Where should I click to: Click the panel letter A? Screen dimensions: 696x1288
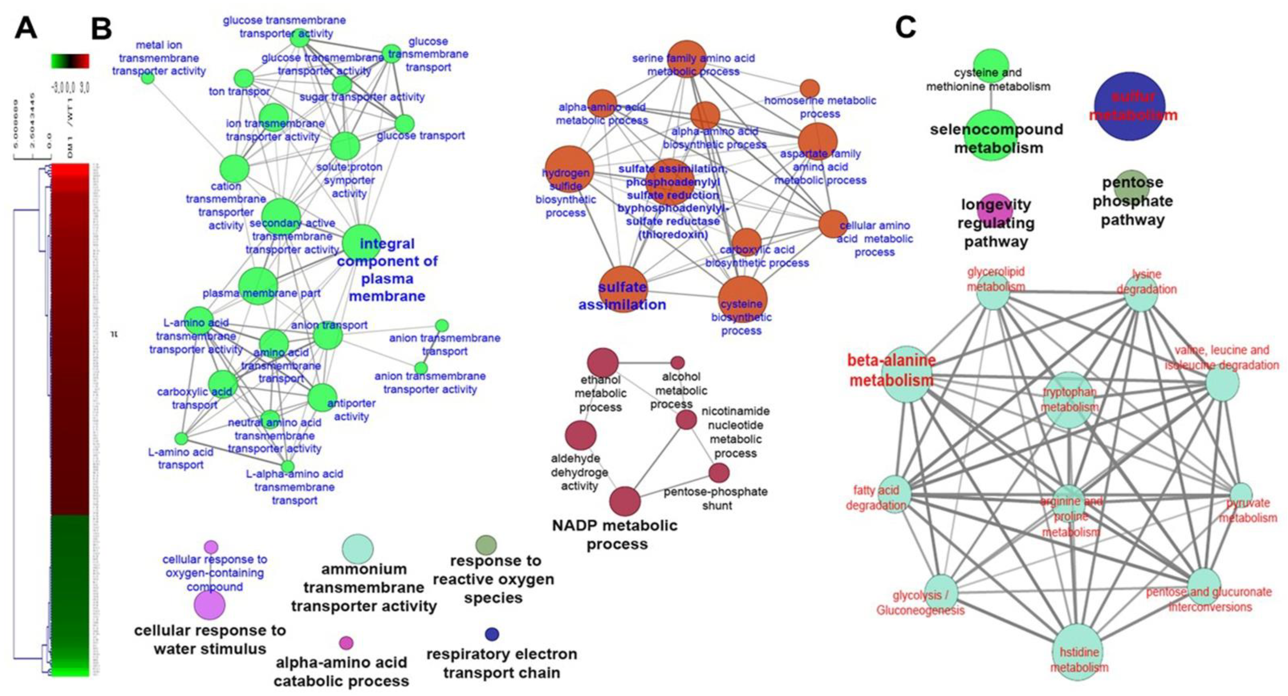coord(26,28)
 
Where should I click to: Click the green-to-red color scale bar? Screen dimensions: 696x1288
coord(70,61)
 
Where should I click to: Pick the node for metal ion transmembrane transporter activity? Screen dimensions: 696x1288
coord(148,78)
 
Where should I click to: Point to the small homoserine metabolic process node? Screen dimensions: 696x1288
coord(810,89)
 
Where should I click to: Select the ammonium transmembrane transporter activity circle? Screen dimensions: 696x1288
coord(358,549)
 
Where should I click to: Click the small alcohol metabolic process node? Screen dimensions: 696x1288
coord(677,363)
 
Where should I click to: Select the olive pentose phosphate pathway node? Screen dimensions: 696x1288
coord(1132,186)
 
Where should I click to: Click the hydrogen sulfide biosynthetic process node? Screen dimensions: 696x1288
coord(569,170)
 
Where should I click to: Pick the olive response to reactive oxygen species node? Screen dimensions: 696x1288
coord(486,544)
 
